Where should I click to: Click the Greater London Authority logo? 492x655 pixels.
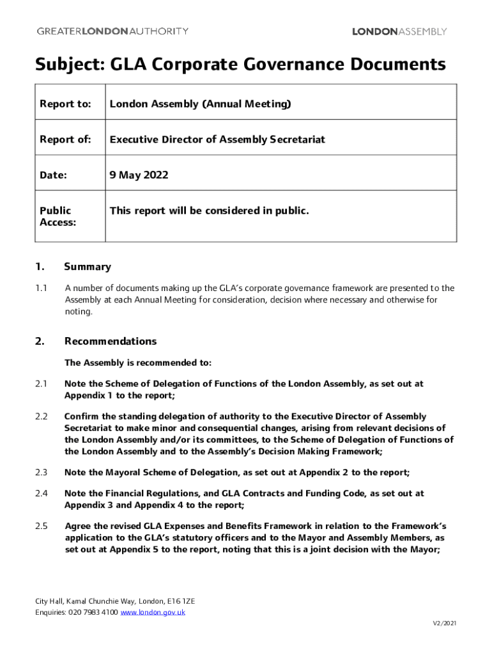[112, 31]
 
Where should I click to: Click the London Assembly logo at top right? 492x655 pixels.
[399, 31]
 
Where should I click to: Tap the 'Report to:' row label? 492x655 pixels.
[65, 104]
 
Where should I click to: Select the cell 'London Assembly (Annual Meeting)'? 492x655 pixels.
[200, 104]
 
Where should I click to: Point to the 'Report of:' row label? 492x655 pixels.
[65, 139]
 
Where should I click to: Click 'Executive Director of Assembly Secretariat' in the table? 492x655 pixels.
[217, 139]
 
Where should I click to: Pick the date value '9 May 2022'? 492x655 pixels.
[139, 175]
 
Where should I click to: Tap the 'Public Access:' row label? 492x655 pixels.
[58, 216]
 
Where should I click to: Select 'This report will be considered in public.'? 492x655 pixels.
[209, 210]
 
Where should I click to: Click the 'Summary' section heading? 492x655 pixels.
[88, 267]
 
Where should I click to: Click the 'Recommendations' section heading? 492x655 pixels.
[110, 342]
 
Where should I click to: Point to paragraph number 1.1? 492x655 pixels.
[42, 288]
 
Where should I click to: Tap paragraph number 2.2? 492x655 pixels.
[42, 416]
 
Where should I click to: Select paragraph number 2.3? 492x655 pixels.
[42, 473]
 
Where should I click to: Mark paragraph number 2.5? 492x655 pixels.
[42, 526]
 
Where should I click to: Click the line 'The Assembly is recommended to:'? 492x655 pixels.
[138, 363]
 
